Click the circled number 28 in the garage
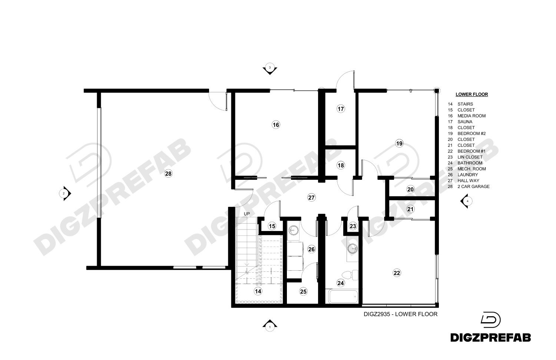coord(168,174)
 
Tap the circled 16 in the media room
coord(276,125)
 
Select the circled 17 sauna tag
coord(341,109)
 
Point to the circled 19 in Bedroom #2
coord(399,143)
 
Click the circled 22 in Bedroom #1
coord(397,273)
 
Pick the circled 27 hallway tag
coord(311,198)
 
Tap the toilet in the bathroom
coord(350,275)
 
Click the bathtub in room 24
coord(343,297)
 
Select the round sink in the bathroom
coord(352,248)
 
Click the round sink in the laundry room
coord(294,230)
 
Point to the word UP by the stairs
coord(247,214)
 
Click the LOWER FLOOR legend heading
coord(471,94)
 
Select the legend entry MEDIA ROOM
coord(471,116)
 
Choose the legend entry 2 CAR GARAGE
coord(473,186)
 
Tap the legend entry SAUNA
coord(465,122)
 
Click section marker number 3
coord(270,68)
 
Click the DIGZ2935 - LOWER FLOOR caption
coord(400,314)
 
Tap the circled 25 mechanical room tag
coord(303,291)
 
